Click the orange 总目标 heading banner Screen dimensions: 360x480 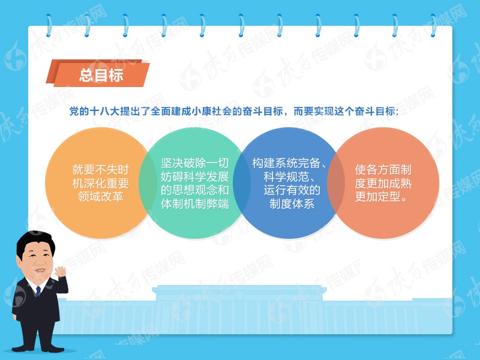tap(100, 75)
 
